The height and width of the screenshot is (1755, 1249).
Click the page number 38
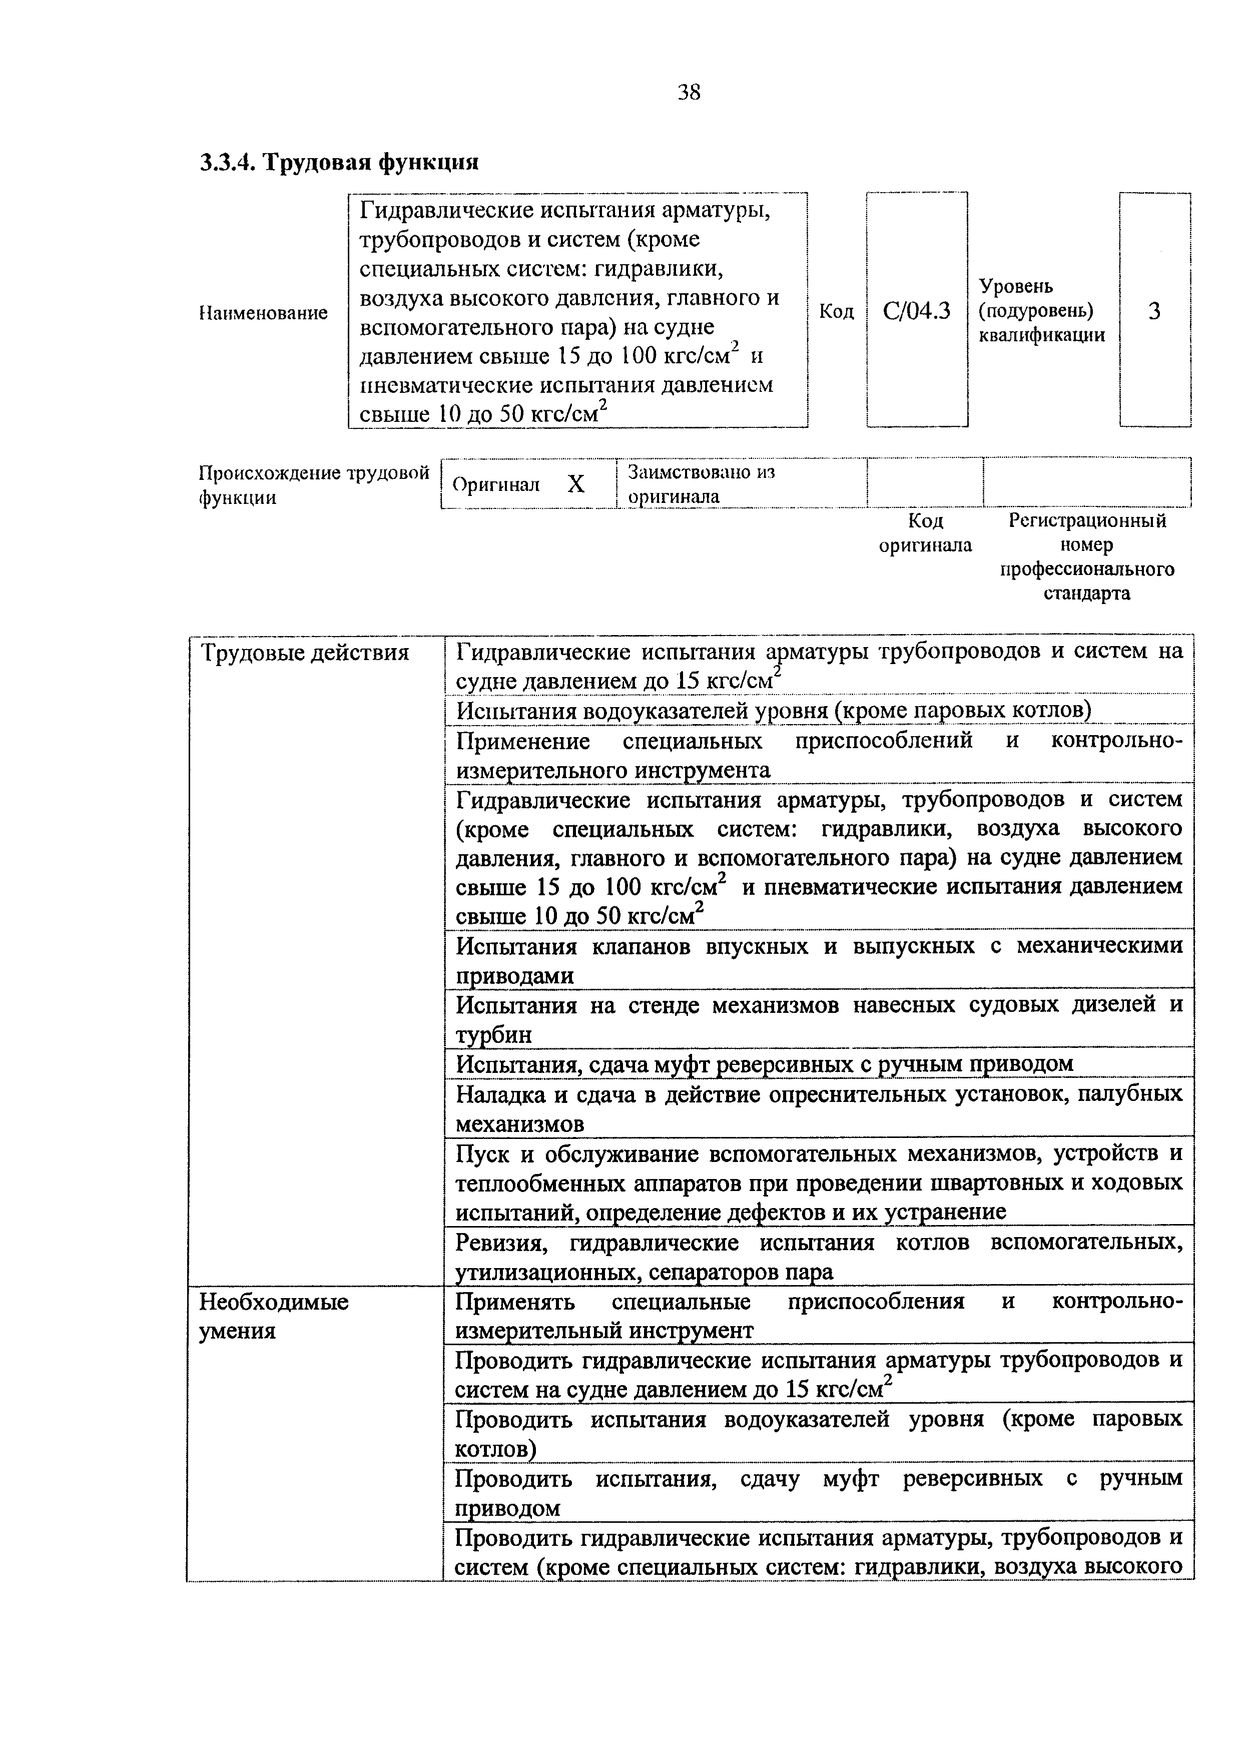689,93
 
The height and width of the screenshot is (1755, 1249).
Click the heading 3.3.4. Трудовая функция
339,162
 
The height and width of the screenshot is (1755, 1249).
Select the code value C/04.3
917,311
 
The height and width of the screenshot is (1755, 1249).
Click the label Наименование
263,313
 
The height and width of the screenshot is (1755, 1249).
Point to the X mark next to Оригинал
576,484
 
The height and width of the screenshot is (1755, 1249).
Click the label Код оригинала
925,533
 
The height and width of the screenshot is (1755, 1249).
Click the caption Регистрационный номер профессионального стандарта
1087,557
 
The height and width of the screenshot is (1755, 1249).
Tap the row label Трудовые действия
305,654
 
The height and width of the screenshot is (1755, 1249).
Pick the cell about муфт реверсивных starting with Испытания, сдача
765,1063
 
